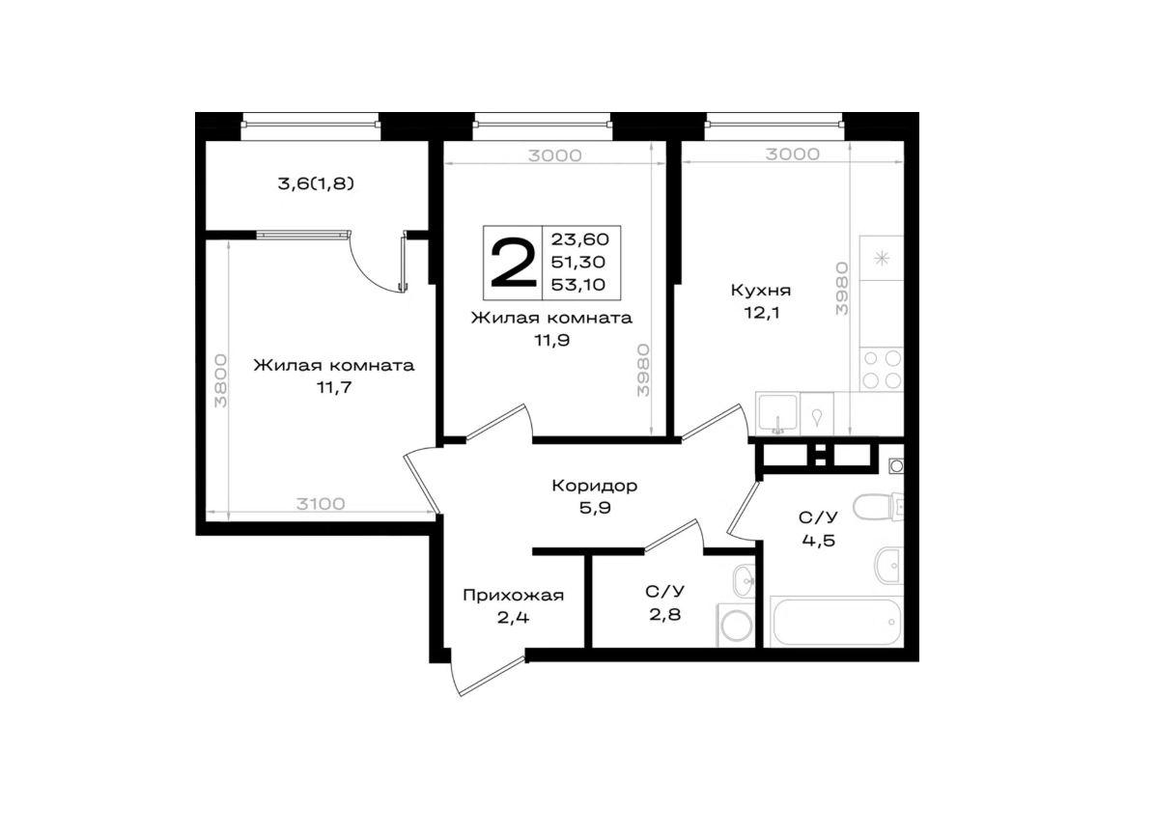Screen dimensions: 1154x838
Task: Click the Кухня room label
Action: tap(760, 290)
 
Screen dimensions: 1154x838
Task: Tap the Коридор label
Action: tap(595, 486)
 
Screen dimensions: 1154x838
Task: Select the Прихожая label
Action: tap(513, 596)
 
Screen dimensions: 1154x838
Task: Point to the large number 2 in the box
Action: tap(512, 263)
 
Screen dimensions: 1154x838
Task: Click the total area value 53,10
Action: tap(578, 285)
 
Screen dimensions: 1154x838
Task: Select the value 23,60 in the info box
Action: tap(580, 239)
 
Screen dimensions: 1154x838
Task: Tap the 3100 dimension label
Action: tap(321, 504)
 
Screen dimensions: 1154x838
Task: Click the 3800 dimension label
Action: tap(220, 381)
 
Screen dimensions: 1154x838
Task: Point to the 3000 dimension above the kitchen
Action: tap(792, 154)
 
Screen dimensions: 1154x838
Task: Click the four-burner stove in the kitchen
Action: tap(882, 370)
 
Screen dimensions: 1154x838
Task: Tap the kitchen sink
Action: tap(778, 414)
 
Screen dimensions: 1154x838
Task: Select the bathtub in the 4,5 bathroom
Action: tap(836, 622)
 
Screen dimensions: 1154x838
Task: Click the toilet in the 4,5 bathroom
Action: tap(877, 507)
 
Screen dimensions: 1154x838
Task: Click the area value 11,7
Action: tap(334, 388)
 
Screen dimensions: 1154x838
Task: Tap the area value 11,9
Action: tap(552, 340)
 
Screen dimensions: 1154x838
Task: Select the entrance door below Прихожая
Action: tap(490, 673)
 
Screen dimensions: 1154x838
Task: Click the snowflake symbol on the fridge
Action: tap(881, 258)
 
